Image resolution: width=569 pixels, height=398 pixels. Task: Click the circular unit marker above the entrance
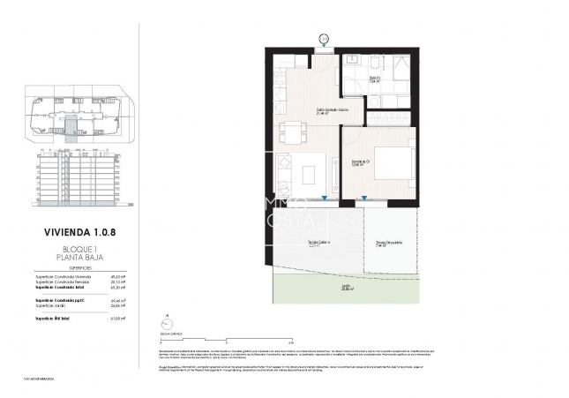323,39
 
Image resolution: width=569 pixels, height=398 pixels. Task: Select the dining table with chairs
292,132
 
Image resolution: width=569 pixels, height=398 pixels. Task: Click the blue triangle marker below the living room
326,199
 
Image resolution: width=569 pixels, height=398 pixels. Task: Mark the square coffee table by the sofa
309,174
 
